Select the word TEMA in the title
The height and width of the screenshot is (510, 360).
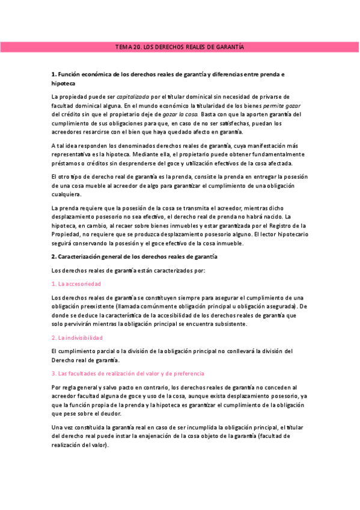pyautogui.click(x=124, y=47)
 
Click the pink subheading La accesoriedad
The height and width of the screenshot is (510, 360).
pyautogui.click(x=79, y=283)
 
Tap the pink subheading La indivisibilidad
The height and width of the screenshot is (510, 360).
pyautogui.click(x=81, y=337)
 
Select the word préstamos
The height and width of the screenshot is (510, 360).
pyautogui.click(x=67, y=163)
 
